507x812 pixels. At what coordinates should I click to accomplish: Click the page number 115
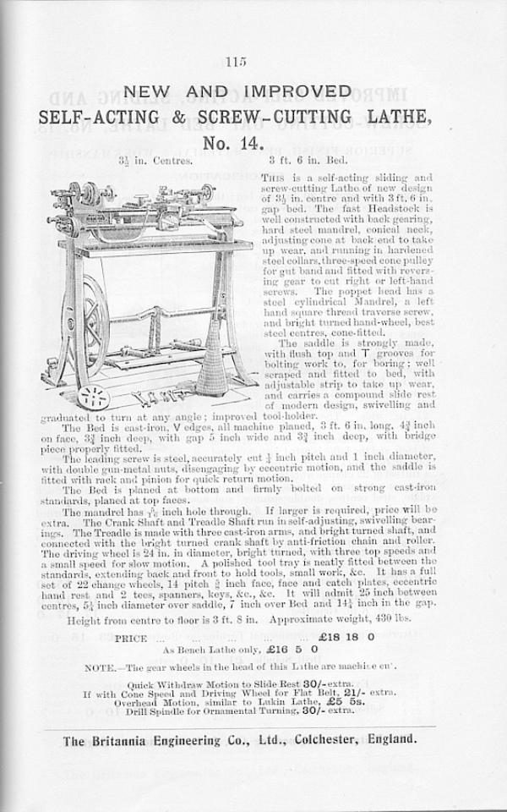pyautogui.click(x=235, y=60)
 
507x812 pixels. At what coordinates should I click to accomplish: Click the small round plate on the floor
pyautogui.click(x=93, y=397)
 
